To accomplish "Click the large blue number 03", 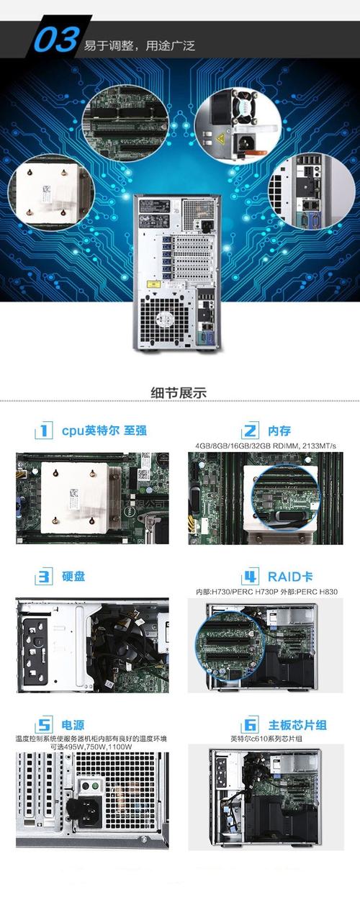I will [x=55, y=41].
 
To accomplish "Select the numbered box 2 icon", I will [x=250, y=431].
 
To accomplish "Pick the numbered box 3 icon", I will [x=44, y=577].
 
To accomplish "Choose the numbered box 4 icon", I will [x=250, y=577].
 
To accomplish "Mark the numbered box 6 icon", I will [x=251, y=724].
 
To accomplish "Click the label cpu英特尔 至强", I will [x=104, y=431].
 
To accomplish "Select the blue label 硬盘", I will [x=73, y=577].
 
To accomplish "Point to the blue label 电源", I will [x=73, y=724].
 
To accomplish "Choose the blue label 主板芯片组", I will [x=297, y=724].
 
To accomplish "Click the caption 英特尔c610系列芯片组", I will [x=266, y=739].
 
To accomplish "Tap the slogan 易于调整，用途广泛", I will [x=140, y=46].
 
